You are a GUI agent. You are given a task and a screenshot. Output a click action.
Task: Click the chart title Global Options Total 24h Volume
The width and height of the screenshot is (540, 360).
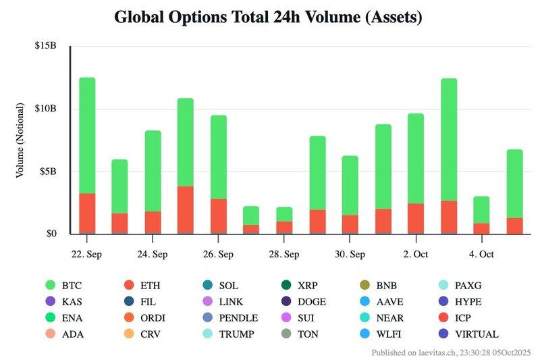[x=268, y=18]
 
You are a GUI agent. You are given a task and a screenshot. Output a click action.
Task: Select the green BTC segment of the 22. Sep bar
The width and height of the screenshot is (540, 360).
[x=87, y=135]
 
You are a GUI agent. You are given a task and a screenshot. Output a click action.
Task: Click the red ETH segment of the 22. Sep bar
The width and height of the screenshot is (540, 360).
[x=87, y=213]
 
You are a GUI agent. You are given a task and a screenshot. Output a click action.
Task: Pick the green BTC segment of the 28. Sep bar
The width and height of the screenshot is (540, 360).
[x=284, y=214]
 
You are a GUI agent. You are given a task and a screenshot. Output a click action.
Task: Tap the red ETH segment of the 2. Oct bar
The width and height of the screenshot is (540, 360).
[x=416, y=218]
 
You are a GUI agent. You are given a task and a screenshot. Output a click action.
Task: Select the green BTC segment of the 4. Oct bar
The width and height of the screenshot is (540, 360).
[x=481, y=209]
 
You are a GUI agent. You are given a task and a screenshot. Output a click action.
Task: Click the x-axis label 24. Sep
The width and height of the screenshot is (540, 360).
[x=153, y=254]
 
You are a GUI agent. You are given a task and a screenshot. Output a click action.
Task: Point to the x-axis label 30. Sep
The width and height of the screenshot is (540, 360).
[x=350, y=254]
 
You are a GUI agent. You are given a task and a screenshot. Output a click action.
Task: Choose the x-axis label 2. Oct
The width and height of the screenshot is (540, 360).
[x=416, y=254]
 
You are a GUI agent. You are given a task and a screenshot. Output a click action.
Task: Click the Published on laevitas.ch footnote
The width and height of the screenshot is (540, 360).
[x=451, y=353]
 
